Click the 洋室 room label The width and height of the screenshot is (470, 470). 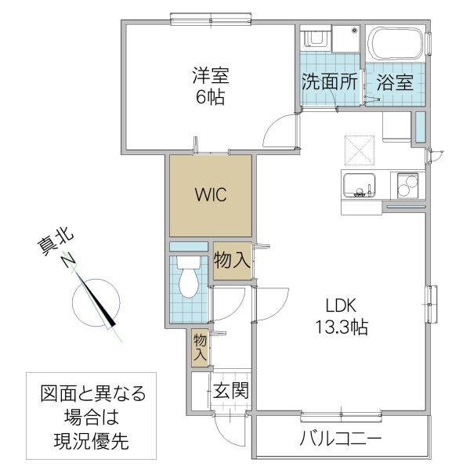[x=209, y=78]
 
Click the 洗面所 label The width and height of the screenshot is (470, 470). [x=330, y=82]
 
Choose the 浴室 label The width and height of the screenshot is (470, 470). [x=394, y=82]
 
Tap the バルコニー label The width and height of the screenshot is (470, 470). [x=341, y=437]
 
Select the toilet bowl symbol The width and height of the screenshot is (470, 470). [x=189, y=283]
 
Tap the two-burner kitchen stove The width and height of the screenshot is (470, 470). [x=409, y=188]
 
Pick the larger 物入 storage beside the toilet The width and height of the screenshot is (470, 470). [x=232, y=261]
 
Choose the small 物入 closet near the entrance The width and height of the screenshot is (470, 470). [x=201, y=348]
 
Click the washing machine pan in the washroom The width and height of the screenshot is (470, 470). [x=345, y=38]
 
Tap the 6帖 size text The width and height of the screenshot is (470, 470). [x=209, y=99]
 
